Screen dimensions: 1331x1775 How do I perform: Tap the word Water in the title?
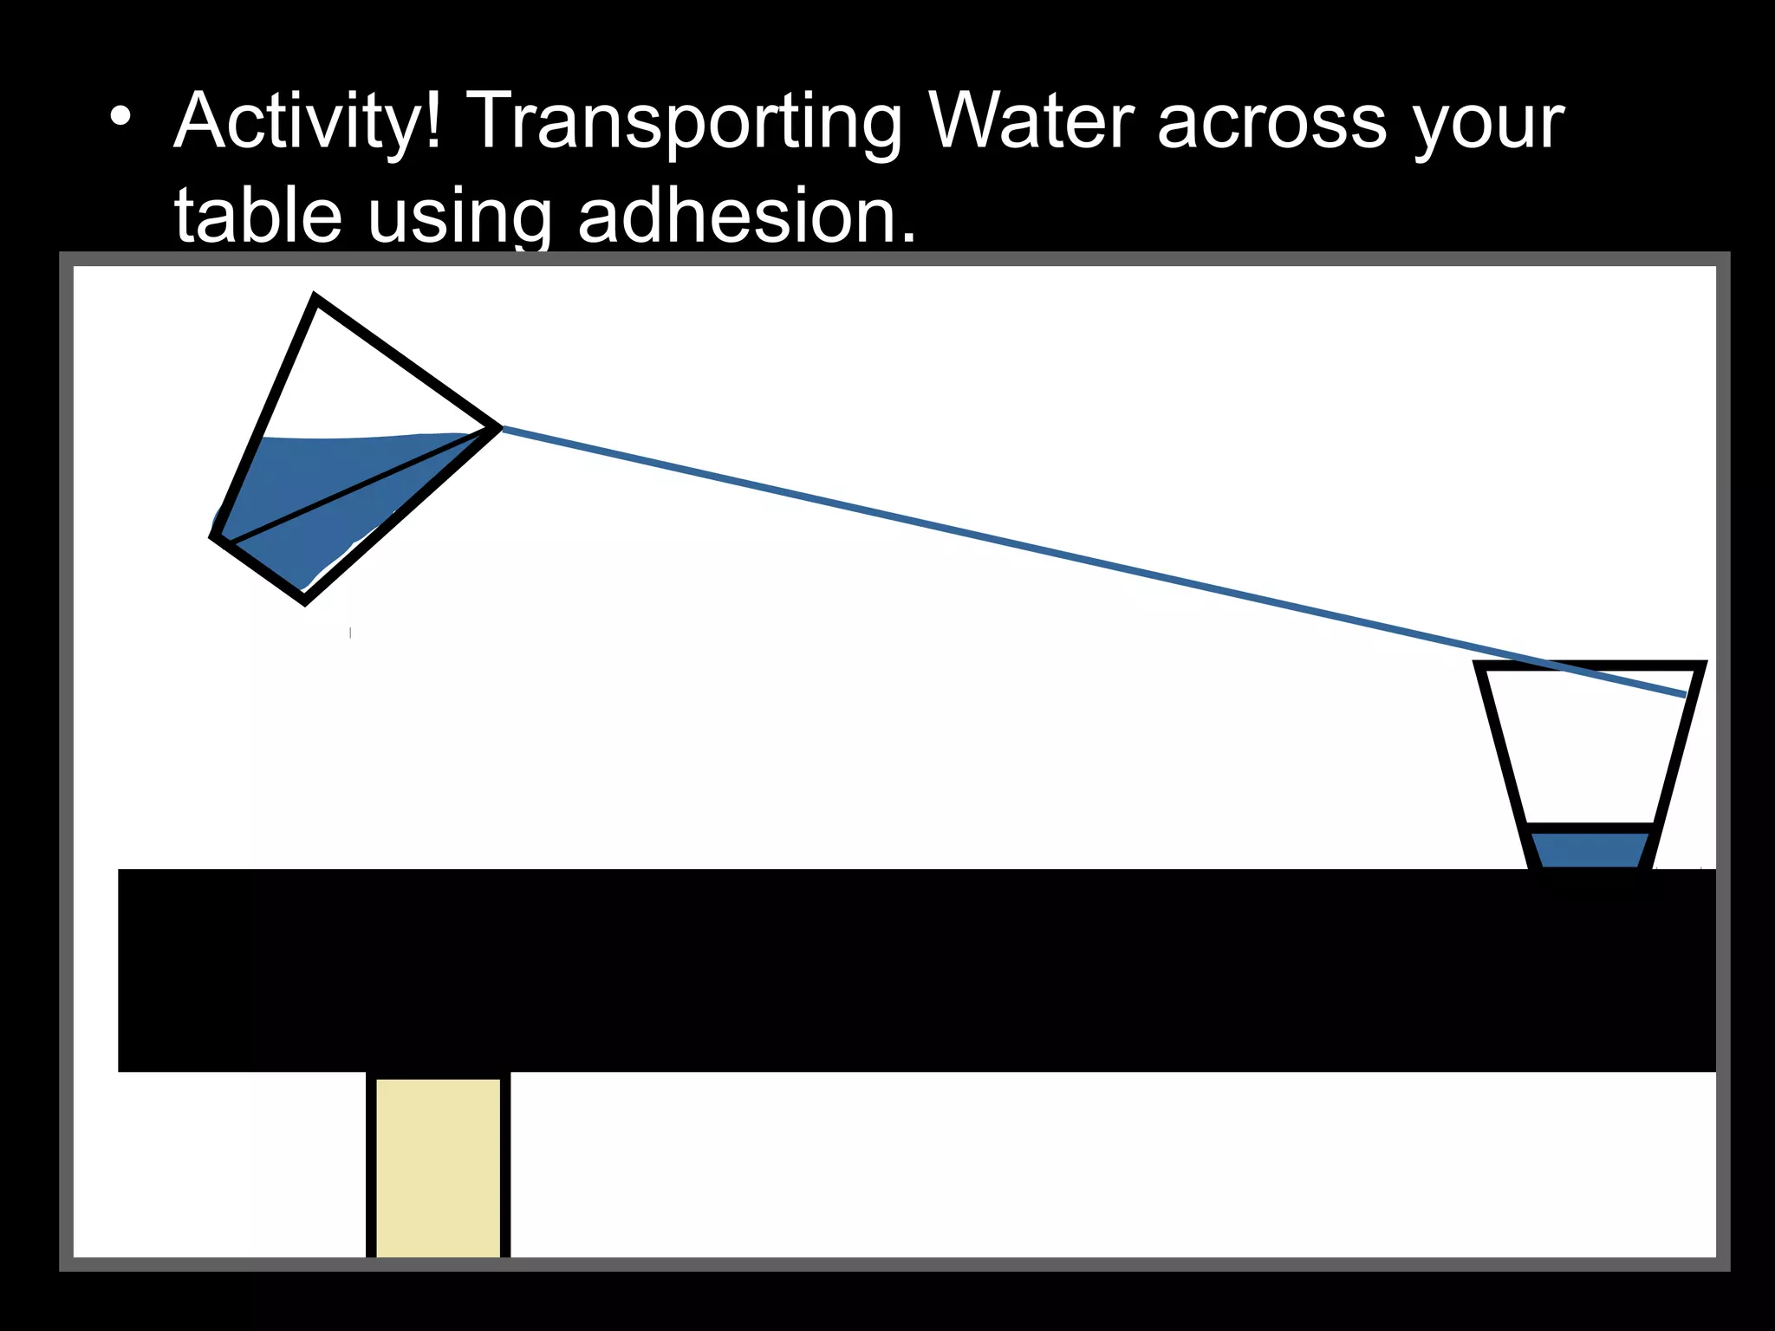[1031, 121]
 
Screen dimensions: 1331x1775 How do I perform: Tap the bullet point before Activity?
[120, 116]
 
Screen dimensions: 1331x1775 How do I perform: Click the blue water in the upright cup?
[1590, 850]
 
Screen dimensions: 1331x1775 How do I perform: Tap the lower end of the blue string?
[1683, 694]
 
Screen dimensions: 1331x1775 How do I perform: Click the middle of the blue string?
[1092, 561]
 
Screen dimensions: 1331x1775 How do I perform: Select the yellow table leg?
[438, 1165]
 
